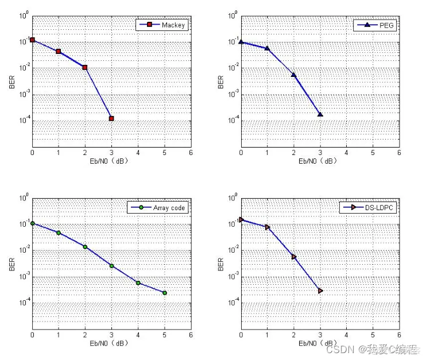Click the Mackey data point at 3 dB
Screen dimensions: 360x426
pyautogui.click(x=111, y=118)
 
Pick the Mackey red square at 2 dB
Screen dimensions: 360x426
pyautogui.click(x=85, y=67)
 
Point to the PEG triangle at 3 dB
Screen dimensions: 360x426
pyautogui.click(x=320, y=114)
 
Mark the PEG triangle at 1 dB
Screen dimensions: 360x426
pyautogui.click(x=268, y=48)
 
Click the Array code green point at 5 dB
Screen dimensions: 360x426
pyautogui.click(x=164, y=293)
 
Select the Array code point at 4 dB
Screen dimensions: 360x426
pyautogui.click(x=138, y=282)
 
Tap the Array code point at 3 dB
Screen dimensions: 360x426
pyautogui.click(x=111, y=266)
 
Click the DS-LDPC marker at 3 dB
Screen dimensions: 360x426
pyautogui.click(x=320, y=291)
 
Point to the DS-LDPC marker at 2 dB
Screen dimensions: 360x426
pyautogui.click(x=294, y=257)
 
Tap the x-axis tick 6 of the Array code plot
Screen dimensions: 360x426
pyautogui.click(x=191, y=335)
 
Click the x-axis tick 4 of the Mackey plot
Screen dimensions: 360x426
pyautogui.click(x=138, y=153)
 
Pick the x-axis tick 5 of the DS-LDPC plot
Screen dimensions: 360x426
pyautogui.click(x=373, y=335)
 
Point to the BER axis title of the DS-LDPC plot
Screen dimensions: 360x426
pyautogui.click(x=221, y=264)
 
